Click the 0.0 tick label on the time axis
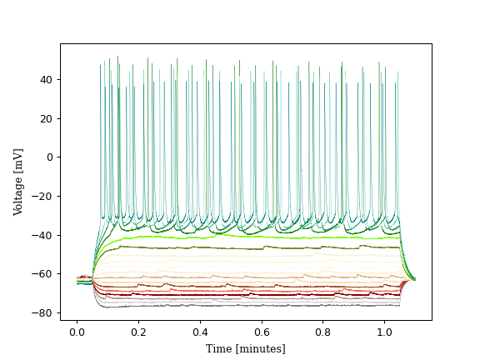(x=77, y=332)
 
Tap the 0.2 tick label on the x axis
(x=154, y=332)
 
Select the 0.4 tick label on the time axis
(x=231, y=332)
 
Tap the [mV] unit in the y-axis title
(x=18, y=157)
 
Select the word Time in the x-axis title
(x=219, y=348)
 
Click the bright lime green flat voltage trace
(x=250, y=237)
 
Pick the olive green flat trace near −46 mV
(x=250, y=248)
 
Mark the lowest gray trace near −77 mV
(x=250, y=306)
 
